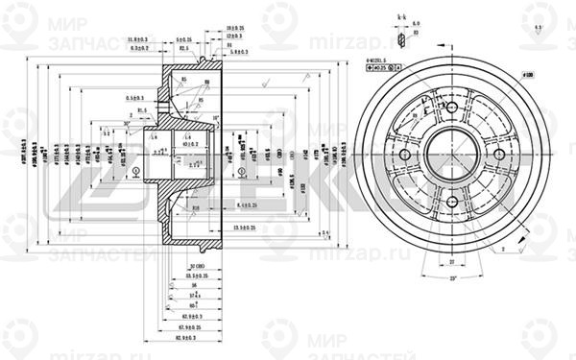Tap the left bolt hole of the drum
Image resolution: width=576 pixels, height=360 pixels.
[x=404, y=155]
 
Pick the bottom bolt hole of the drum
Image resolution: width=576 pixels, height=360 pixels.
[x=451, y=201]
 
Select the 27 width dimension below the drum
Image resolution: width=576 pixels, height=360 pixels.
[x=451, y=260]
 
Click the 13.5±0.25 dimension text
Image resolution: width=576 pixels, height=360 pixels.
[x=242, y=226]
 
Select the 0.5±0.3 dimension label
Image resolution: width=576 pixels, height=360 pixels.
[x=134, y=98]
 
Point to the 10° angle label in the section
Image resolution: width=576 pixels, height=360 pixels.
[x=218, y=116]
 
